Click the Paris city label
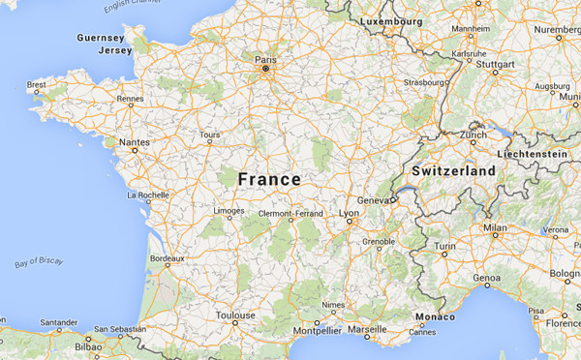point(265,59)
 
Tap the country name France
point(269,179)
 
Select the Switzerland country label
point(453,171)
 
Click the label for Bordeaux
point(167,258)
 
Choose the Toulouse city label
point(235,315)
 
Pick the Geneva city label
point(373,199)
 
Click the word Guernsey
point(100,37)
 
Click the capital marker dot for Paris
point(265,69)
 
